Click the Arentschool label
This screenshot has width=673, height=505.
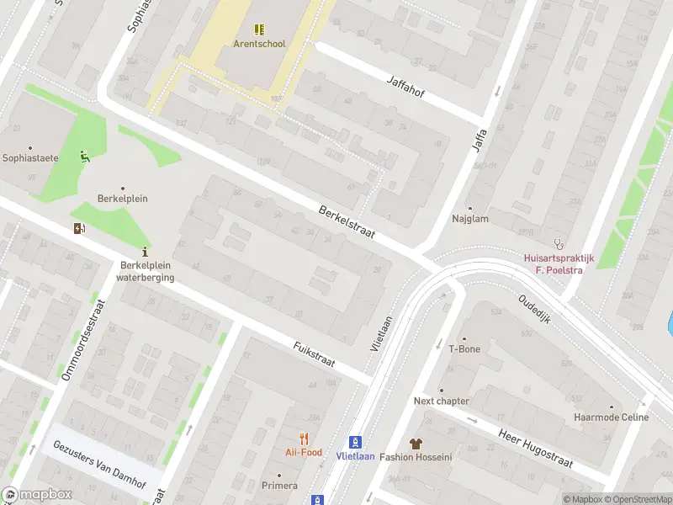coord(260,44)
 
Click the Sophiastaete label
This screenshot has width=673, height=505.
coord(30,157)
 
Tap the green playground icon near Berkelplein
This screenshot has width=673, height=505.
coord(84,156)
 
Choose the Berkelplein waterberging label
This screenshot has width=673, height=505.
coord(145,272)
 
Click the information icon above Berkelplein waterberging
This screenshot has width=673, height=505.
coord(146,251)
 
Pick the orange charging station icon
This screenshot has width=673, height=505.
coord(80,228)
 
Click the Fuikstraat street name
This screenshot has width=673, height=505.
coord(314,354)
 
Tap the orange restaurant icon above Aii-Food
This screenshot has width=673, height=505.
coord(304,439)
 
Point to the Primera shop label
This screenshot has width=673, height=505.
coord(279,486)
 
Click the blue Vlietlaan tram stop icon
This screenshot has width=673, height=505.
coord(355,442)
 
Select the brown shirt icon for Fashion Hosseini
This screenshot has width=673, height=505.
coord(416,443)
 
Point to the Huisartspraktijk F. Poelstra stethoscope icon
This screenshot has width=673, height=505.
coord(556,243)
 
